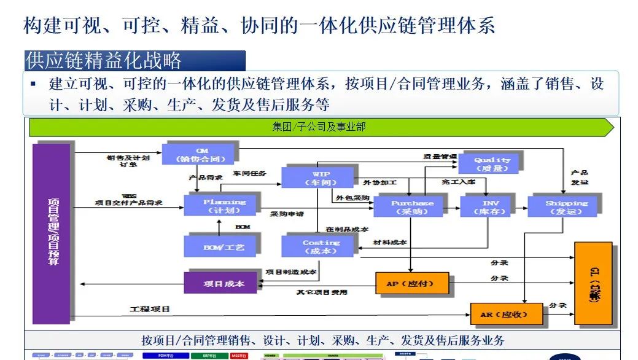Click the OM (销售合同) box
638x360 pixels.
click(198, 154)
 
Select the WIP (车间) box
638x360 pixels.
click(317, 178)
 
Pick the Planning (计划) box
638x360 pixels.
click(223, 206)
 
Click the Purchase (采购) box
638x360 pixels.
click(412, 206)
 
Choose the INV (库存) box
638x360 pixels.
click(491, 206)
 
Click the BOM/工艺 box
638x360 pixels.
click(222, 246)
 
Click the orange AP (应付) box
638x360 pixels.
click(412, 284)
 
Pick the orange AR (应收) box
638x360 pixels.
click(506, 315)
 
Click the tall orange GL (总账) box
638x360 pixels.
click(593, 283)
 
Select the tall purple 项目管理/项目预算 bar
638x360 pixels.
click(52, 233)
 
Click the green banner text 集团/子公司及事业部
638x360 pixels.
click(319, 127)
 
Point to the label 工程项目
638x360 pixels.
click(150, 308)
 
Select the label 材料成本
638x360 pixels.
click(391, 242)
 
